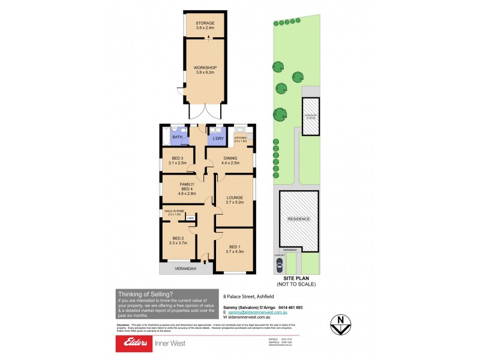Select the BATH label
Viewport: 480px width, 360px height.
coord(178,137)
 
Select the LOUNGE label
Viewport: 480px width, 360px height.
coord(235,199)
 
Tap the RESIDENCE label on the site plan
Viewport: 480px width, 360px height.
coord(298,219)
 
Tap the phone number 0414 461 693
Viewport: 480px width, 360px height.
coord(290,307)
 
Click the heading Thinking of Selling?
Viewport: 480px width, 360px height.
coord(146,294)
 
